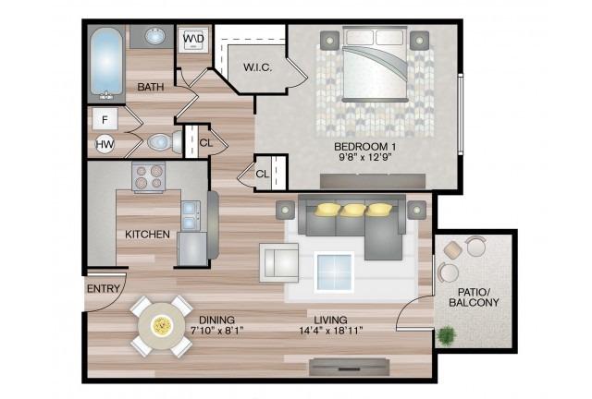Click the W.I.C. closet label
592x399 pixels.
pos(258,67)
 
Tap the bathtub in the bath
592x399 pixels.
pos(107,62)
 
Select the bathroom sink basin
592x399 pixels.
pos(155,37)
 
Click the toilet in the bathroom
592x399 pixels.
pos(166,142)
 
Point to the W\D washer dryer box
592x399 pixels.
pos(194,39)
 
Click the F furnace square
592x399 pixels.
pos(105,119)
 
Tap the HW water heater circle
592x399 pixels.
pos(105,144)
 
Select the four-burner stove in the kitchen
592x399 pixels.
pos(149,177)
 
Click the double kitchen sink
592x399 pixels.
pos(191,216)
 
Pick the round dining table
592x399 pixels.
pos(161,326)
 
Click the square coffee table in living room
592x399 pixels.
pos(334,272)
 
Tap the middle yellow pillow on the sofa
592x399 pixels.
pos(352,210)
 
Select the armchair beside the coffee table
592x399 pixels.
pos(279,262)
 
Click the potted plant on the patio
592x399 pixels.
pos(447,335)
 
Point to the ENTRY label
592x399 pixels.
pos(103,289)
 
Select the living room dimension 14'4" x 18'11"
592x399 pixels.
pos(331,331)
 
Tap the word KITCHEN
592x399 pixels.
pos(147,235)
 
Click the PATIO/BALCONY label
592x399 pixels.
pos(474,297)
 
